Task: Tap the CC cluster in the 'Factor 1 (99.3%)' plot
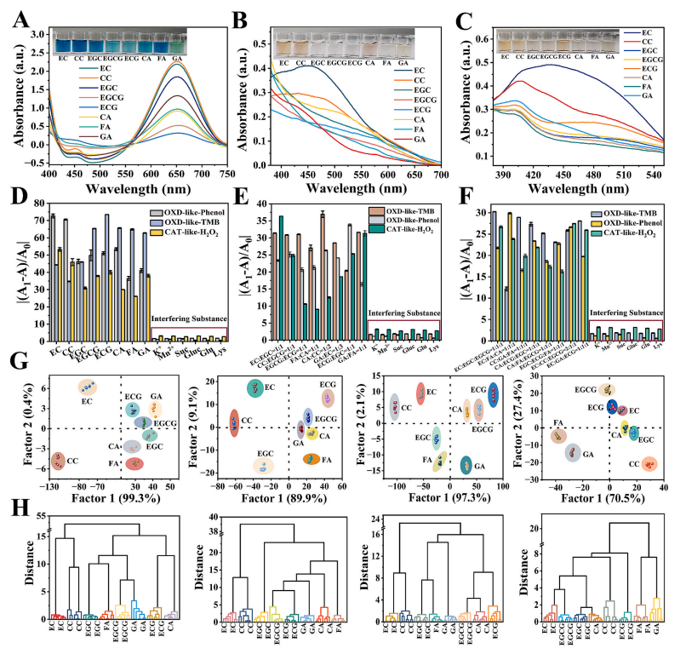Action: pos(57,461)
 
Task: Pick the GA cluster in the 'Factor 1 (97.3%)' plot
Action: pos(466,465)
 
